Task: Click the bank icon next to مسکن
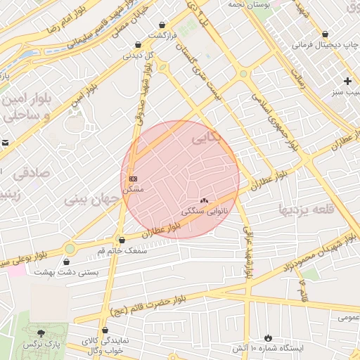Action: pyautogui.click(x=134, y=178)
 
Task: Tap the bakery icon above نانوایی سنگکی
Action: pyautogui.click(x=205, y=200)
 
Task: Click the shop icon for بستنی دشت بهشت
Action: pyautogui.click(x=67, y=262)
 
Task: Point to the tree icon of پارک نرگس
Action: pyautogui.click(x=41, y=333)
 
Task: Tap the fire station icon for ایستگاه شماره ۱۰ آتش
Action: pyautogui.click(x=267, y=337)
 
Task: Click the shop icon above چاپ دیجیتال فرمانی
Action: pyautogui.click(x=325, y=34)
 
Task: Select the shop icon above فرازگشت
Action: pyautogui.click(x=162, y=24)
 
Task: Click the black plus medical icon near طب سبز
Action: pyautogui.click(x=347, y=81)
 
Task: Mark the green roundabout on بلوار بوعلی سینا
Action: pyautogui.click(x=70, y=248)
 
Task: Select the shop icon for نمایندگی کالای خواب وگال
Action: pyautogui.click(x=105, y=330)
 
